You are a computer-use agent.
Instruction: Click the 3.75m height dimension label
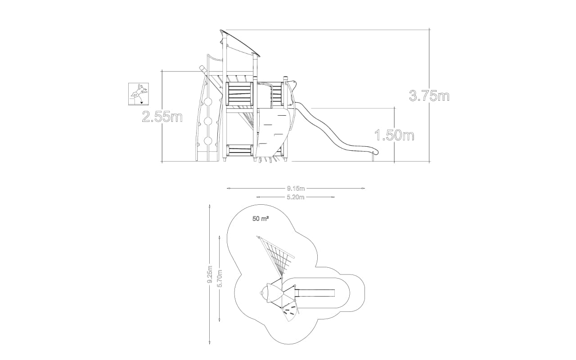coord(429,96)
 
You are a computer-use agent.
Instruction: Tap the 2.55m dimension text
coord(162,117)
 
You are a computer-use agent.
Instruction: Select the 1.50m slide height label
coord(395,135)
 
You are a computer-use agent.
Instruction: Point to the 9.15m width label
coord(296,189)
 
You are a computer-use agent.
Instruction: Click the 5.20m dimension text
coord(296,197)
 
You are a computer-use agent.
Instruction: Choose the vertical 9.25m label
coord(210,274)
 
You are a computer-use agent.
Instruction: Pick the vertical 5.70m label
coord(220,278)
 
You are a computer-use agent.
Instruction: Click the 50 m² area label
coord(261,219)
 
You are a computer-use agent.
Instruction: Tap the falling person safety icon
coord(139,94)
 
